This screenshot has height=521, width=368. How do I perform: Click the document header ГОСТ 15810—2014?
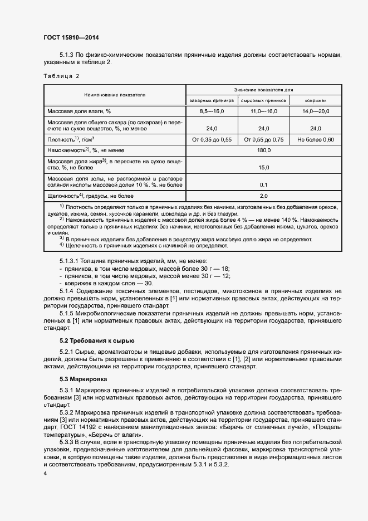[x=71, y=38]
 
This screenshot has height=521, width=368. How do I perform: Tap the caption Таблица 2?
[x=61, y=76]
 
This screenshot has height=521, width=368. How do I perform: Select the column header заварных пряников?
[x=212, y=100]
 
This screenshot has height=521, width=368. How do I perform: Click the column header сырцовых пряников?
[x=264, y=100]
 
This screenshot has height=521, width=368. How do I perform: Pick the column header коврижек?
[x=316, y=100]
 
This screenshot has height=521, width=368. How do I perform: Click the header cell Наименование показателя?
[x=115, y=95]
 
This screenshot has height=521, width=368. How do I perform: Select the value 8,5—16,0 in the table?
[x=212, y=112]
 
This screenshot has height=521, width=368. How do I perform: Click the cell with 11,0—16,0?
[x=264, y=112]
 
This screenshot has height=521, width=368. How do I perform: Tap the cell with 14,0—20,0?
[x=316, y=112]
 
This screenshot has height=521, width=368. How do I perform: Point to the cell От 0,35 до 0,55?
[x=212, y=139]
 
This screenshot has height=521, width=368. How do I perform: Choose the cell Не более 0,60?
[x=316, y=139]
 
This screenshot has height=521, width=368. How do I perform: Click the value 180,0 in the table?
[x=264, y=150]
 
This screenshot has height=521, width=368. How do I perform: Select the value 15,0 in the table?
[x=264, y=167]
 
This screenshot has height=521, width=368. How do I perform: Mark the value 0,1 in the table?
[x=264, y=184]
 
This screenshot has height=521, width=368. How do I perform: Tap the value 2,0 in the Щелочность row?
[x=264, y=196]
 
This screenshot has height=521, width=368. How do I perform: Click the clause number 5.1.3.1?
[x=70, y=261]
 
